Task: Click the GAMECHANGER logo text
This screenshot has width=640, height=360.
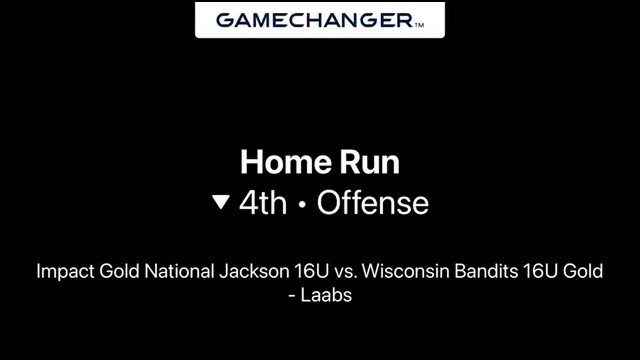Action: [x=314, y=20]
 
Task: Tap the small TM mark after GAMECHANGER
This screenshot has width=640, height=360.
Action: [x=419, y=25]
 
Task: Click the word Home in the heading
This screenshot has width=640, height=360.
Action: [x=286, y=162]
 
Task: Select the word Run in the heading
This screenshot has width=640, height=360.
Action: [x=369, y=162]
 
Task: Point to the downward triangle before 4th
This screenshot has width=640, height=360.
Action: [x=221, y=201]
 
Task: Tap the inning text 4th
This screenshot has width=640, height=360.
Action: [x=263, y=203]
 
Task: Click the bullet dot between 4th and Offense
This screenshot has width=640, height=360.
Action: [x=302, y=204]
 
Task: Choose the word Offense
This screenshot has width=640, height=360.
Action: [x=373, y=203]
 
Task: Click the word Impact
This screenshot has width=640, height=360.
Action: [x=65, y=271]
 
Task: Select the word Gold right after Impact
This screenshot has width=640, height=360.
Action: [x=119, y=271]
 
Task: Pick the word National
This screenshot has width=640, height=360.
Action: [x=179, y=271]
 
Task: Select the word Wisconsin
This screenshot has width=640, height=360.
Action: [x=405, y=271]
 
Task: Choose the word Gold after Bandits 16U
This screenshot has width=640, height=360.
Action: [x=583, y=271]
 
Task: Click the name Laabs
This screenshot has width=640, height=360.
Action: [x=326, y=295]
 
